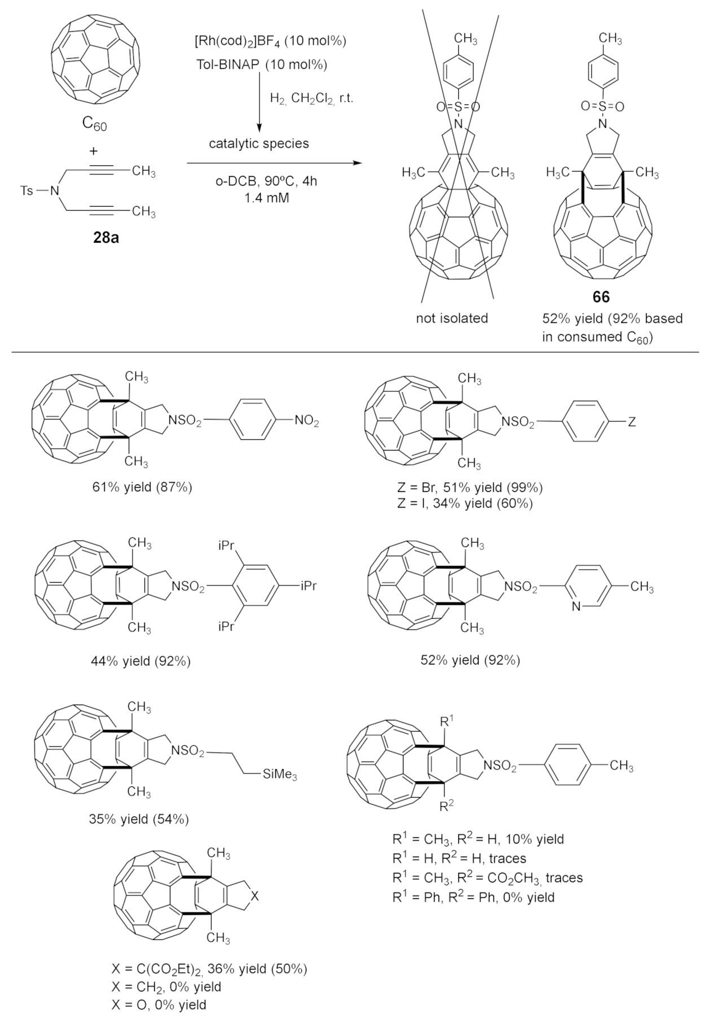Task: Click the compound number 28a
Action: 106,238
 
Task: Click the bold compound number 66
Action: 601,297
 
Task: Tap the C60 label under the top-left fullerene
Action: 94,124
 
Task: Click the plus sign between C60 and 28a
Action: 94,151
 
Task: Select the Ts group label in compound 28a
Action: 27,191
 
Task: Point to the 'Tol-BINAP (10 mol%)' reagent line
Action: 261,64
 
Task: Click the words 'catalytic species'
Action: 259,143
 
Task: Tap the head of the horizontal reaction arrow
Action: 357,164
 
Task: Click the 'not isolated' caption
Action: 451,318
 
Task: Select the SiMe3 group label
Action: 280,775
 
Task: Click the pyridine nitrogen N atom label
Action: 576,607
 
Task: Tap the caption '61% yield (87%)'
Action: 142,487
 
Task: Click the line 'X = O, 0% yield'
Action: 159,1004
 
